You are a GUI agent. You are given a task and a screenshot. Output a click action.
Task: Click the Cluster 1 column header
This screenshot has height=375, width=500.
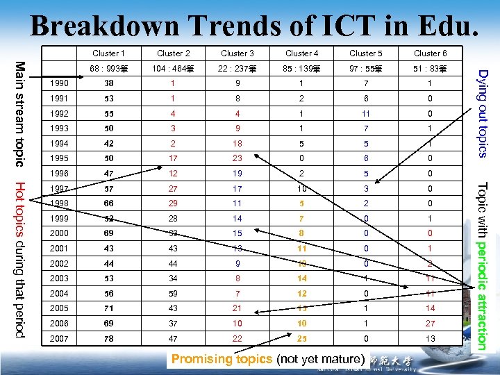[x=109, y=53]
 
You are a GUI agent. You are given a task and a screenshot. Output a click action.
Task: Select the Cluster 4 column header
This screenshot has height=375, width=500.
[x=301, y=53]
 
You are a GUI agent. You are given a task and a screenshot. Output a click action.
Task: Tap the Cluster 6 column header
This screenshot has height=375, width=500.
[x=430, y=53]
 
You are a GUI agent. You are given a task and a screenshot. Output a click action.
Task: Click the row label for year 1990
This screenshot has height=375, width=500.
[x=60, y=84]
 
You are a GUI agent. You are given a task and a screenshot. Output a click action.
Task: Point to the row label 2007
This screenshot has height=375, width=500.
[x=60, y=337]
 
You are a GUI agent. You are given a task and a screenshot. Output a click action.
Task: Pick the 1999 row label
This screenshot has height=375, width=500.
[x=60, y=218]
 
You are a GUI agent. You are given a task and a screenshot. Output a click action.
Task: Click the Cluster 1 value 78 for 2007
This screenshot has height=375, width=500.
[x=109, y=337]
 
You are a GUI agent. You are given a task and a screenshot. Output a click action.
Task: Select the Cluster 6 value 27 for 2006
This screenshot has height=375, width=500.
[x=430, y=323]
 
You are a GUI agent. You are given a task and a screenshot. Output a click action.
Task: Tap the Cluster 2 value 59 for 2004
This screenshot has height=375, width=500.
[x=173, y=293]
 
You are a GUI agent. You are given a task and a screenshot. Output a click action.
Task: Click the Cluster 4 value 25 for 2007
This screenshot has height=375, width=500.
[x=301, y=337]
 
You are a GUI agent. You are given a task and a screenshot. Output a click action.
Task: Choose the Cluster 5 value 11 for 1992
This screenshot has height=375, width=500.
[x=366, y=114]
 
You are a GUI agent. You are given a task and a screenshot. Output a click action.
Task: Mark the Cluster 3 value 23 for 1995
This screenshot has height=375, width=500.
[x=237, y=158]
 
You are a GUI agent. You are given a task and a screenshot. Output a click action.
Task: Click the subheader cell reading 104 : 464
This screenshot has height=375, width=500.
[x=173, y=69]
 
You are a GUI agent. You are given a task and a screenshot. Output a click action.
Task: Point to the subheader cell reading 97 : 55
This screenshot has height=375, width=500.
[x=366, y=69]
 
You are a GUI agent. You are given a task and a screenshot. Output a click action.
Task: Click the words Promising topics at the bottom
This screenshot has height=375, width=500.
[x=222, y=359]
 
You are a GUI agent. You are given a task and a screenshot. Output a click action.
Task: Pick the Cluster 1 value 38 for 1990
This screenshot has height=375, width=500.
[x=109, y=84]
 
